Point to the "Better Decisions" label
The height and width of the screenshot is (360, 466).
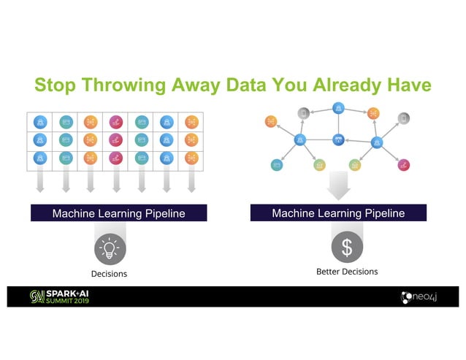coord(347,272)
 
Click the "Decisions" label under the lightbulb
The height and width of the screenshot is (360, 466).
coord(109,274)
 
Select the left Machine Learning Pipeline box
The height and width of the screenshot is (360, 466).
coord(118,213)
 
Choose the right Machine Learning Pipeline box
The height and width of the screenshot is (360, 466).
coord(338,213)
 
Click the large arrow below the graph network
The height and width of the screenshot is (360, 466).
coord(338,185)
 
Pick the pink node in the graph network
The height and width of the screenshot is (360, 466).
coord(403,165)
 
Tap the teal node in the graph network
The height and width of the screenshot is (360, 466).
coord(278,165)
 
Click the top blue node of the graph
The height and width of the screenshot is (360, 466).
coord(338,108)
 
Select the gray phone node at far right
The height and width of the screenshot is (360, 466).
coord(403,118)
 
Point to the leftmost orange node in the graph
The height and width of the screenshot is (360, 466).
coord(271,120)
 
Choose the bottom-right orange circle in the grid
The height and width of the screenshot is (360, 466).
coord(191,157)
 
